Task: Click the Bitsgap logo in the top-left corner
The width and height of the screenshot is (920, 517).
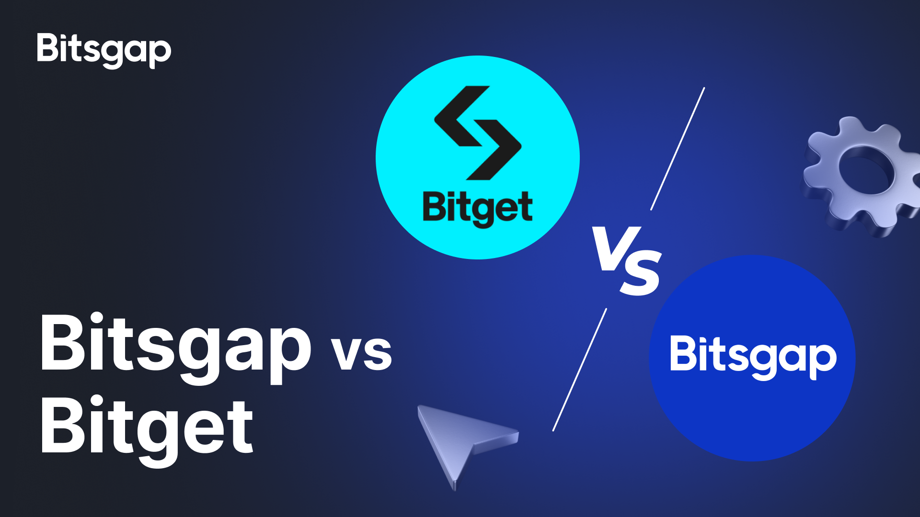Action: (104, 50)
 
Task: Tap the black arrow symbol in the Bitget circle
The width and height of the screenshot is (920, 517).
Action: (478, 133)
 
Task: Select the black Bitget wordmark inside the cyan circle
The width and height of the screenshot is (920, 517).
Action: (478, 209)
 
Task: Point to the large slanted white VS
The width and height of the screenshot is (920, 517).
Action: (627, 261)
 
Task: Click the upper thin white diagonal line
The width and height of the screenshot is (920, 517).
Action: (678, 148)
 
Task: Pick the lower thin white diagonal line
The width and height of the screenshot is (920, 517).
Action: (580, 370)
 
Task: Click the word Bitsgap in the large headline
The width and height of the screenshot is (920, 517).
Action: (176, 348)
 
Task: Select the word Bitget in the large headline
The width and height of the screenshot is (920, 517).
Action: (147, 430)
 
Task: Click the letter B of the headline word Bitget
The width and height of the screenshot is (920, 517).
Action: (64, 426)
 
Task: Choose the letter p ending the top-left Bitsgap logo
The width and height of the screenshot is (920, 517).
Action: (160, 54)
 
